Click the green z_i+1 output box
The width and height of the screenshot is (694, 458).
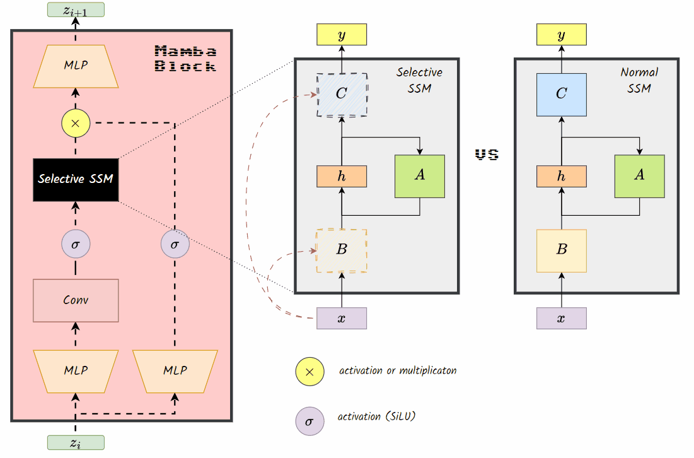[x=76, y=9]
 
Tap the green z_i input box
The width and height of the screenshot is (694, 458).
[x=76, y=443]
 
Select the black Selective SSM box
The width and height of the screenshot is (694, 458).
[x=76, y=179]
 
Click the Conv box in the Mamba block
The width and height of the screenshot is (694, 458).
[x=76, y=300]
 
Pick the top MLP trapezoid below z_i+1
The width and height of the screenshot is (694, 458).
[x=76, y=66]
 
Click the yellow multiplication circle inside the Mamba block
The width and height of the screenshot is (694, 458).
[x=76, y=123]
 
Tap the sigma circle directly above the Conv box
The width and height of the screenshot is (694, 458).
[x=76, y=244]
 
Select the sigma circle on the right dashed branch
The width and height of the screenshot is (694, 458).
[x=175, y=244]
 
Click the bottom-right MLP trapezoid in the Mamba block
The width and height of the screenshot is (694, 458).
[x=175, y=371]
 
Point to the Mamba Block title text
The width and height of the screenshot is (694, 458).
[x=185, y=58]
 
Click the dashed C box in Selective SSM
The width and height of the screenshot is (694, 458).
[x=342, y=95]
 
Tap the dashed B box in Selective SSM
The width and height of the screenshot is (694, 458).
[x=342, y=250]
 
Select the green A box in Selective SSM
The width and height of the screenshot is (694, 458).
[x=420, y=176]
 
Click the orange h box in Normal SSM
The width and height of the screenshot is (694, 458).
[x=561, y=177]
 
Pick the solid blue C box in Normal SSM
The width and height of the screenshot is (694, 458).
[x=561, y=95]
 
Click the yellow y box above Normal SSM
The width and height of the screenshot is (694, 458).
[x=561, y=35]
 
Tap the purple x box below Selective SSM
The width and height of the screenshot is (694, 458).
[x=342, y=319]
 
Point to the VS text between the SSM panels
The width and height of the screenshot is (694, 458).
[x=487, y=155]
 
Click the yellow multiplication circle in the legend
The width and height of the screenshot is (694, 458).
[x=309, y=371]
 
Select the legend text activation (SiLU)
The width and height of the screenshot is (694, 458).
[x=377, y=416]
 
